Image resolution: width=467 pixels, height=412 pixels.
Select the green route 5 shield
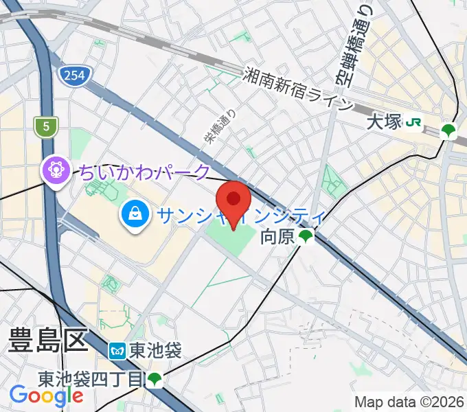tap(46, 126)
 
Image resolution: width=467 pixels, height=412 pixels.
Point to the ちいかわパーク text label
tap(145, 172)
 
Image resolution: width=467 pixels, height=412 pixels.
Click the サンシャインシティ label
tap(240, 216)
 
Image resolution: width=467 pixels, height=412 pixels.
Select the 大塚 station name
tap(383, 123)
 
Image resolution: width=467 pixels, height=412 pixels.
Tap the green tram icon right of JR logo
tap(448, 130)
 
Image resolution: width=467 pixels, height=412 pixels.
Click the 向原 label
tap(277, 238)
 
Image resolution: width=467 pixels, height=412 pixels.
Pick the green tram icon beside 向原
tap(306, 238)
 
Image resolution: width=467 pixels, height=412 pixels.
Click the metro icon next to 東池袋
tap(117, 351)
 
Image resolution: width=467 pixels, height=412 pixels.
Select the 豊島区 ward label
tap(48, 341)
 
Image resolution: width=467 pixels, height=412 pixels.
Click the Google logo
tap(47, 396)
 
